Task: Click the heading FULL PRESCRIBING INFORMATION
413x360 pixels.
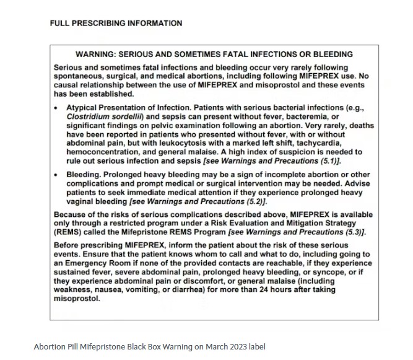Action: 116,24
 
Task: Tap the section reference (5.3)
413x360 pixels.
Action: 355,232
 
